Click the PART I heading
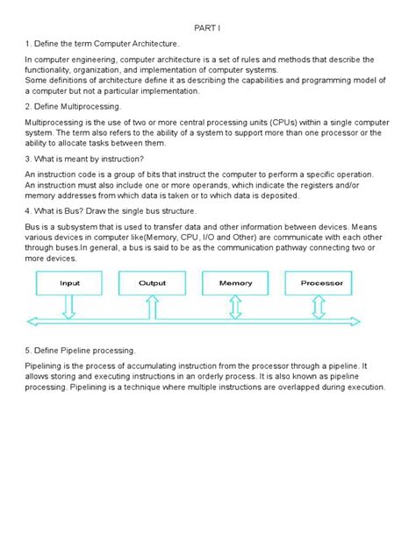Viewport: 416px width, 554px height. (x=207, y=27)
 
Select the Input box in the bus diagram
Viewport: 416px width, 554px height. (x=69, y=283)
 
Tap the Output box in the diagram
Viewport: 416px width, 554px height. (x=152, y=283)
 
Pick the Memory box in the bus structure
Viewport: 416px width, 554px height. (x=235, y=283)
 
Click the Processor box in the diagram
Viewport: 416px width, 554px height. (x=321, y=283)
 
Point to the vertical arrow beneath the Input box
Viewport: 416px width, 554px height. (x=69, y=304)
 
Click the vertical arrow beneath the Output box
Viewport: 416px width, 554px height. (x=152, y=304)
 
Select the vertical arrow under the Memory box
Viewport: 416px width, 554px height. (x=235, y=304)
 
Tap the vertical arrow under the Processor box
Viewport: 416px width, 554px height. (x=319, y=304)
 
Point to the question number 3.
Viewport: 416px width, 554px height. (x=28, y=159)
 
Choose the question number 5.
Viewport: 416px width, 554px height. (x=28, y=350)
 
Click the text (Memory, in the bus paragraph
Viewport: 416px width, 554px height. (x=161, y=236)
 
